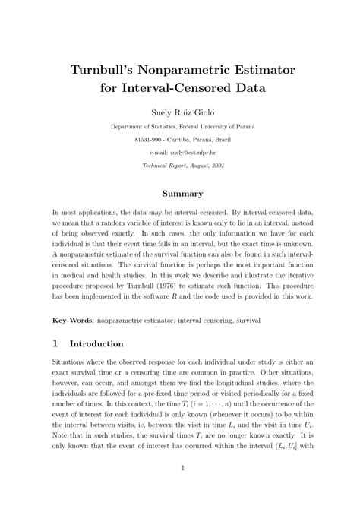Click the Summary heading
click(179, 193)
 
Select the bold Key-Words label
click(73, 322)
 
